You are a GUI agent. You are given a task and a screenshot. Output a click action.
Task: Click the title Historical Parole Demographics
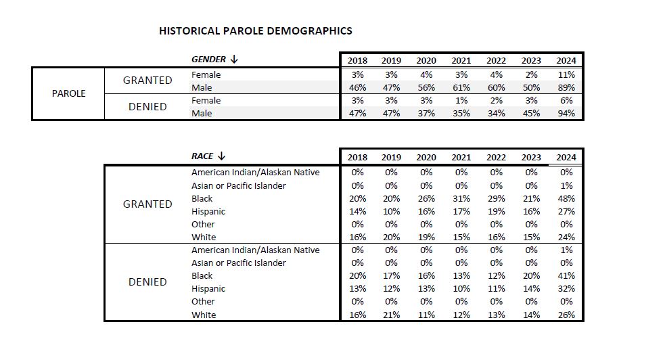click(x=255, y=31)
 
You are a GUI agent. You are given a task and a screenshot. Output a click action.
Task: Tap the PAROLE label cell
click(x=68, y=93)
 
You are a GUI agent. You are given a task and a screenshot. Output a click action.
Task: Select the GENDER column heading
click(x=208, y=60)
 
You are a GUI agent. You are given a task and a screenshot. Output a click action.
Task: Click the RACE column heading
click(x=202, y=156)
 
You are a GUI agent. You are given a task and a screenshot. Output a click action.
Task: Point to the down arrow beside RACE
click(x=222, y=156)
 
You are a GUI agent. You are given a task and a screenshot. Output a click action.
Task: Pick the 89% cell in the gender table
click(x=566, y=88)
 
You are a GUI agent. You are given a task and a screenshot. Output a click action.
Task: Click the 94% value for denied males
click(x=566, y=114)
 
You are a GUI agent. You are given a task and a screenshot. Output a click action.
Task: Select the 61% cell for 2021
click(x=461, y=88)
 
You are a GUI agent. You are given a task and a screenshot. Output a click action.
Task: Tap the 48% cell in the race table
click(x=566, y=199)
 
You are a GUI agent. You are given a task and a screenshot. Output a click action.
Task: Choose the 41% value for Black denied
click(x=566, y=276)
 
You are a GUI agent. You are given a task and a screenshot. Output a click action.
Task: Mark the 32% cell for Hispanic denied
click(x=566, y=289)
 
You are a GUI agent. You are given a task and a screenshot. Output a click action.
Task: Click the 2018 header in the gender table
click(x=357, y=60)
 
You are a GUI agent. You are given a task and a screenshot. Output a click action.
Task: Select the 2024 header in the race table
click(x=566, y=158)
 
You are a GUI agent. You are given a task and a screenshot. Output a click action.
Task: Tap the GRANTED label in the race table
click(x=147, y=204)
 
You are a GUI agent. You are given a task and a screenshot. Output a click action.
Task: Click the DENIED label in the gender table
click(x=147, y=107)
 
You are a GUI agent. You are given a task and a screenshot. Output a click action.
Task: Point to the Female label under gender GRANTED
click(x=206, y=75)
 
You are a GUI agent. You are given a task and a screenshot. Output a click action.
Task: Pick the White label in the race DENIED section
click(x=204, y=315)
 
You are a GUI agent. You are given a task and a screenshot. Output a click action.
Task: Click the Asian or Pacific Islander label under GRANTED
click(x=238, y=186)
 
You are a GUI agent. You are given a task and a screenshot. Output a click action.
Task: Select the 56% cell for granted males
click(x=426, y=88)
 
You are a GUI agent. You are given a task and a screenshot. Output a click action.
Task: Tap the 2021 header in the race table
click(x=461, y=158)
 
